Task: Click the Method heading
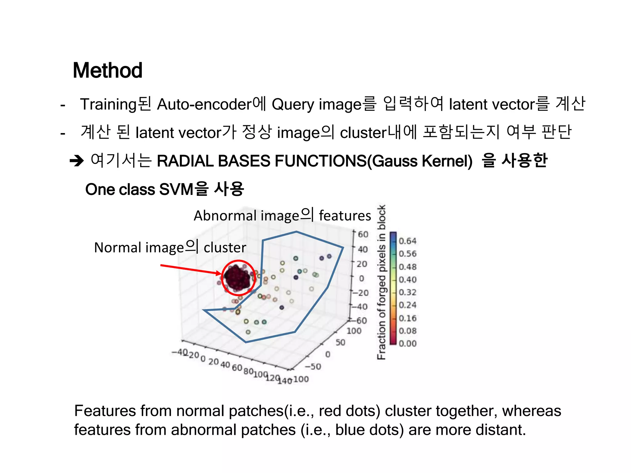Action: point(108,71)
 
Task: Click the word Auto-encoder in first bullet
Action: point(204,104)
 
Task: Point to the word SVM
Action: point(176,189)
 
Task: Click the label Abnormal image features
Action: point(282,215)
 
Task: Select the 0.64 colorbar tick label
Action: point(407,241)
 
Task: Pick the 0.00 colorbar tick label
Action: point(407,343)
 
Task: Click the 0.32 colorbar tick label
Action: point(407,292)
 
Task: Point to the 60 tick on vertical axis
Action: point(363,235)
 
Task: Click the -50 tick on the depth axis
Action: point(313,367)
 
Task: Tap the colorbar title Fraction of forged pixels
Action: point(381,282)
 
